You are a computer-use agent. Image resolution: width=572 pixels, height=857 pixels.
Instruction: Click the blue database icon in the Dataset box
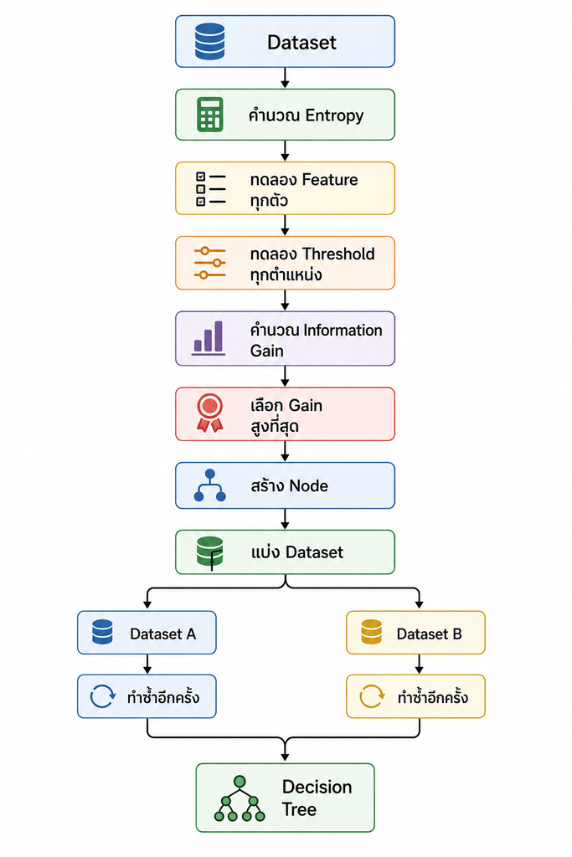209,42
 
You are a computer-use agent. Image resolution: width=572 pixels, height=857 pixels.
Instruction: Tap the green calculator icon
209,115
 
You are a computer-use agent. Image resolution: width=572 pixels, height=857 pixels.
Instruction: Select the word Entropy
334,115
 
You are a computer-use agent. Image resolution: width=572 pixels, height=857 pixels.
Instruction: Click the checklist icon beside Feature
210,189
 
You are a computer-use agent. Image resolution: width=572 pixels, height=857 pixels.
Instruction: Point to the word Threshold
338,254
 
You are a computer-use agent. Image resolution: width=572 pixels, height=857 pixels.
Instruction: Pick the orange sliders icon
210,263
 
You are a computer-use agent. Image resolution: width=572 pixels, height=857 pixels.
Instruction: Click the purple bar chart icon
209,338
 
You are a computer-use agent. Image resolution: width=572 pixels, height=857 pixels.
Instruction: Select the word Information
343,330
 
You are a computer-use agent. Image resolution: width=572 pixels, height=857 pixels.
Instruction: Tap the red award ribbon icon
210,413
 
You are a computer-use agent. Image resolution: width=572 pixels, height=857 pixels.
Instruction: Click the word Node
308,486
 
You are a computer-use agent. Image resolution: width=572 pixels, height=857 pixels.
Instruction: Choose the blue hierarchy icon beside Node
210,485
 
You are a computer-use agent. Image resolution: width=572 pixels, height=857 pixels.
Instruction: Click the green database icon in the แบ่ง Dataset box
210,552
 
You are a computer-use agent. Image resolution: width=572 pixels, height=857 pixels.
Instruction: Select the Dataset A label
163,634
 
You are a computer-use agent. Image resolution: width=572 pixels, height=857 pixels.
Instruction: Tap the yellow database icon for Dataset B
371,632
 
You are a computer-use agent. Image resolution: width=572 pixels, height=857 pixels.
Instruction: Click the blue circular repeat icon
103,697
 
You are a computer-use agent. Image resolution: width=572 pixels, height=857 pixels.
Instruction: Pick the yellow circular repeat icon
372,696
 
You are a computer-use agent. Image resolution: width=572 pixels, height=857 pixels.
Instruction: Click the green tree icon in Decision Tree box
240,798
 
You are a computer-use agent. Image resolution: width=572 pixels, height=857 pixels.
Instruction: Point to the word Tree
299,809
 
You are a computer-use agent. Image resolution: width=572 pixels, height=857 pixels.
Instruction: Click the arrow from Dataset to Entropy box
285,78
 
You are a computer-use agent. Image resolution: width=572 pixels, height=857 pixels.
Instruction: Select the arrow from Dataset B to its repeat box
419,664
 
